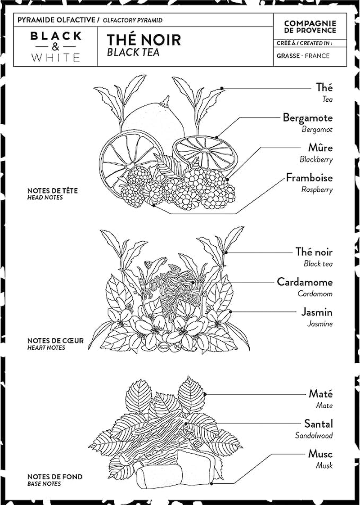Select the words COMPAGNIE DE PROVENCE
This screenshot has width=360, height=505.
[310, 27]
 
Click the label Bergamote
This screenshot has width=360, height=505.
[307, 118]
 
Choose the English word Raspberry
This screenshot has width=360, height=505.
[317, 189]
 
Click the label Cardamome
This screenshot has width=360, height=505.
[305, 282]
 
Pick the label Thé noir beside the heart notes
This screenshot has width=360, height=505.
[314, 252]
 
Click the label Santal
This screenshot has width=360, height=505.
[318, 424]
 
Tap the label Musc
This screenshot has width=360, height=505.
[320, 454]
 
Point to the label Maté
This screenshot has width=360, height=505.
[320, 393]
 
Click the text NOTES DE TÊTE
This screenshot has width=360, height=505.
[52, 191]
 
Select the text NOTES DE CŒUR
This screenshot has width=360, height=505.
[55, 341]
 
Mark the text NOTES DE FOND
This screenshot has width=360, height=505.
[55, 477]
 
